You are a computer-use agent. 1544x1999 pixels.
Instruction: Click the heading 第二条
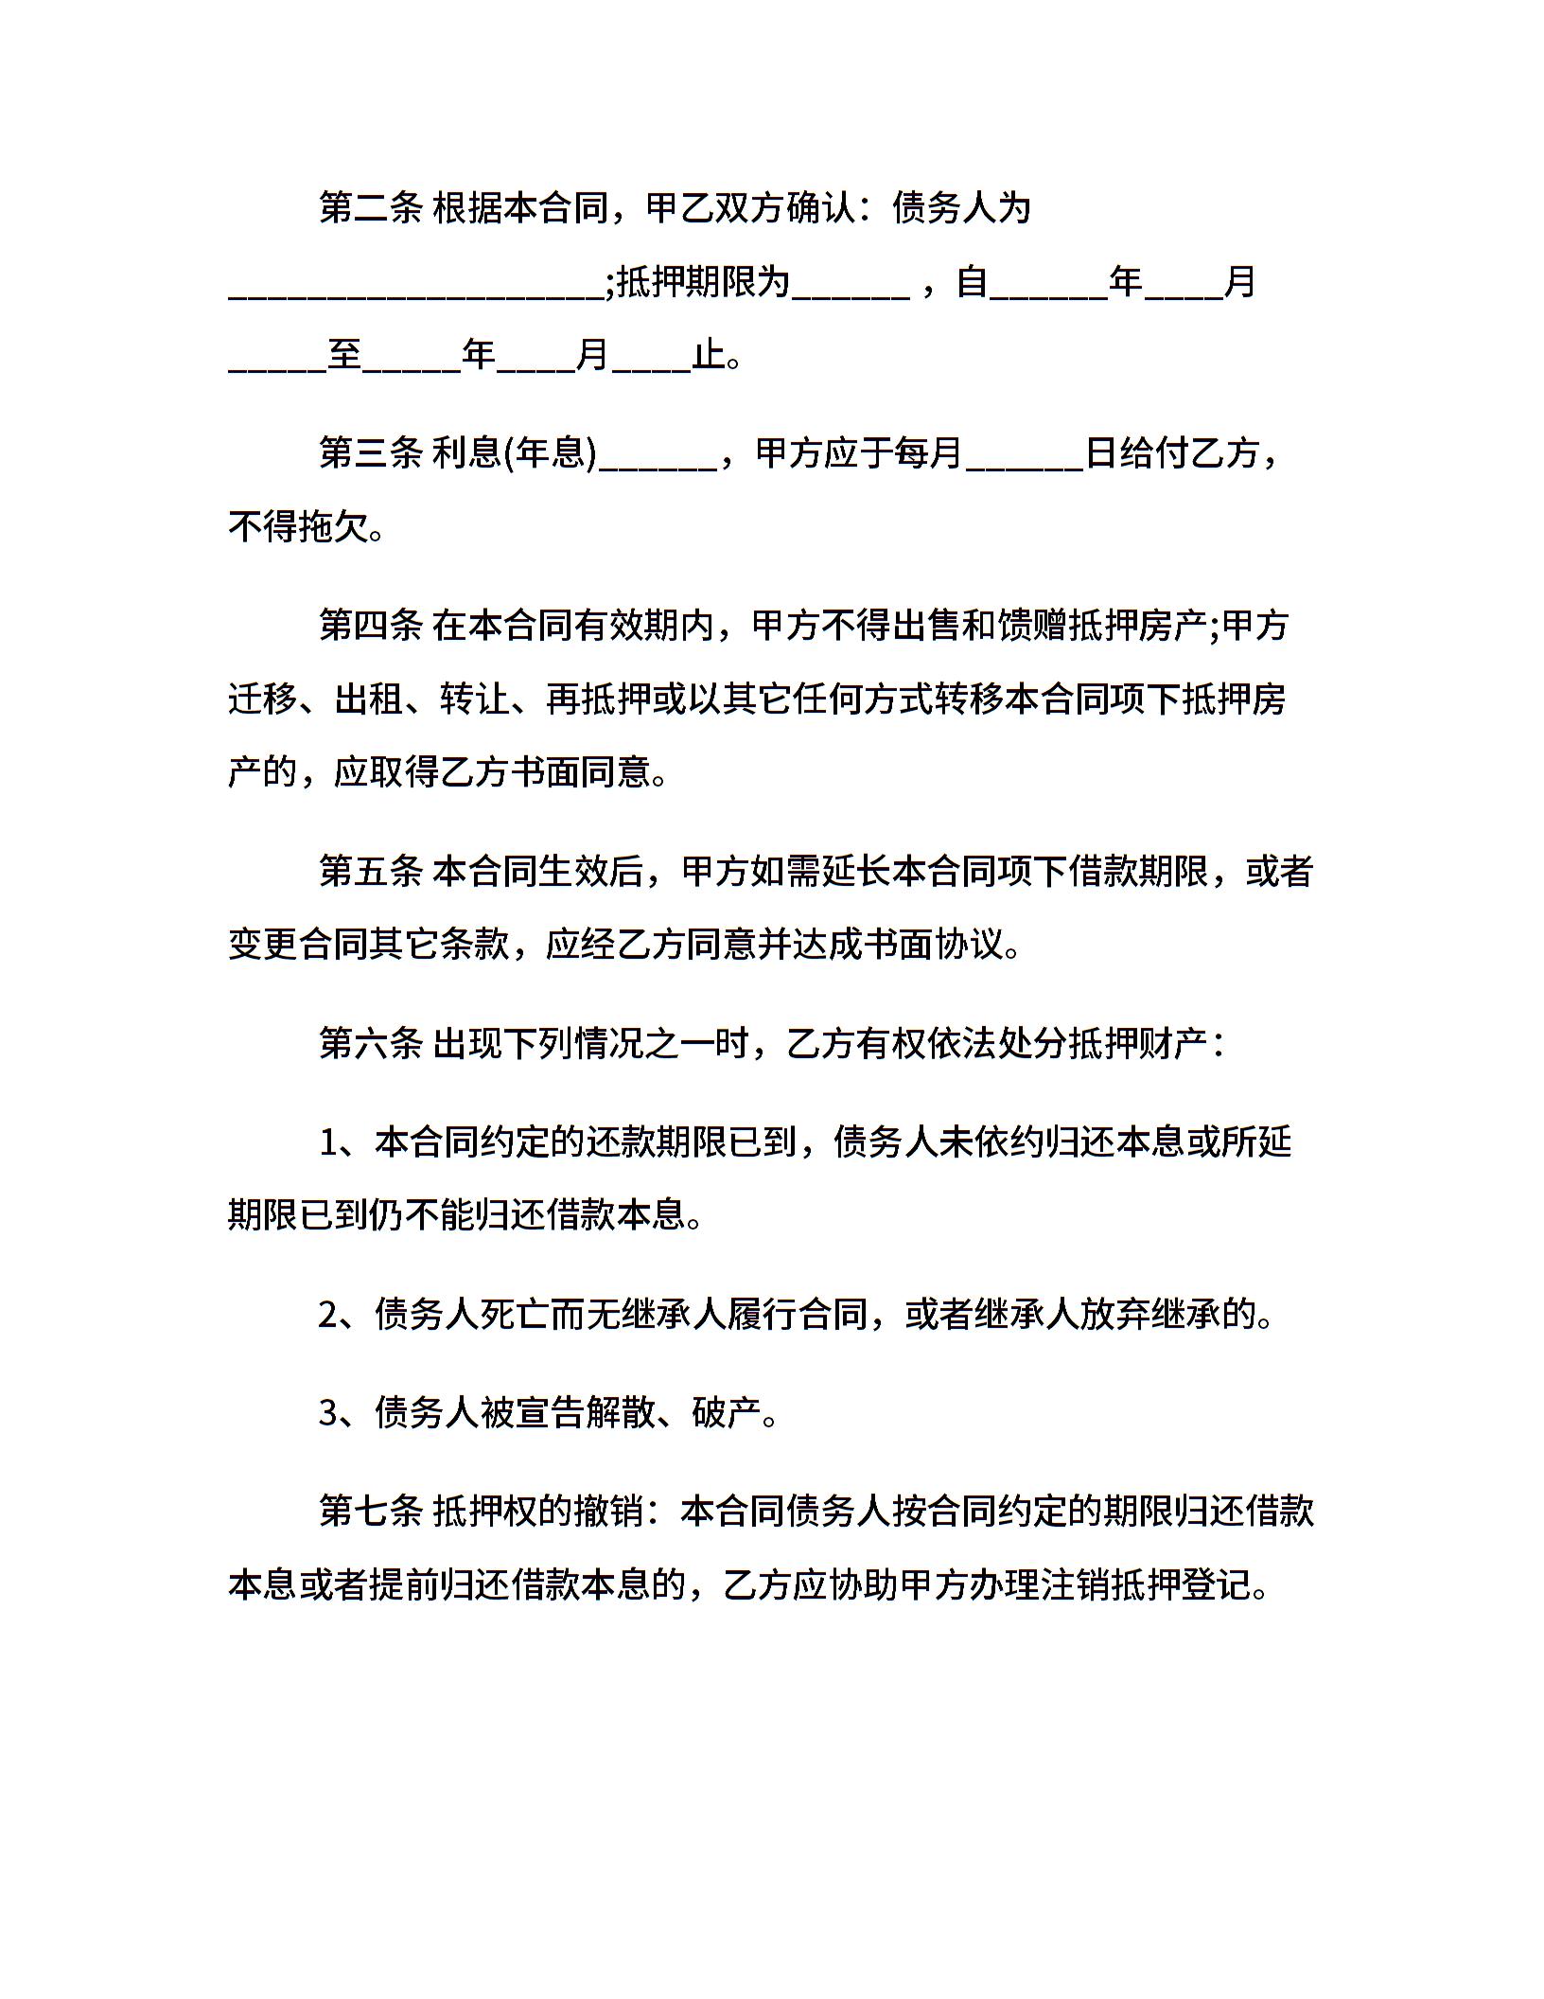[370, 208]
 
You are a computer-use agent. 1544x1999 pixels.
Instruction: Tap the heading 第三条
[370, 454]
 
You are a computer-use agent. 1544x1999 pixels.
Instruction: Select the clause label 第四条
[370, 626]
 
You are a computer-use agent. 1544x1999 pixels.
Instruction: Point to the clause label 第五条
[370, 872]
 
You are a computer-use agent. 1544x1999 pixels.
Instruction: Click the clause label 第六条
[370, 1044]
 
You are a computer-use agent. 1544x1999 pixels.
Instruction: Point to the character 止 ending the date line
[710, 356]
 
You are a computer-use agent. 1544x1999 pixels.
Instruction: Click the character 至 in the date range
[346, 356]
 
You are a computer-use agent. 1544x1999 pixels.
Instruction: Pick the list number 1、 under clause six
[339, 1143]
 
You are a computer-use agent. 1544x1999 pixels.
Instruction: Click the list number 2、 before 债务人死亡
[339, 1315]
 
